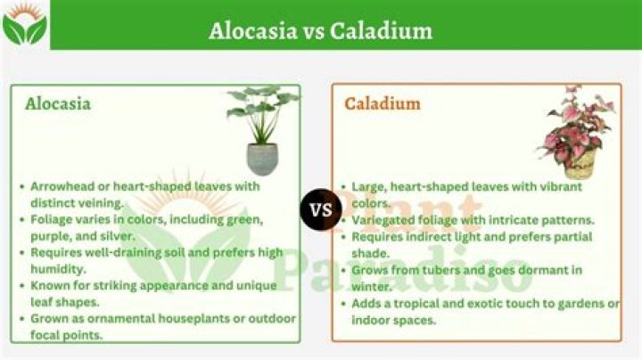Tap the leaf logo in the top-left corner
(24, 25)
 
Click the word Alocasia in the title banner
(252, 30)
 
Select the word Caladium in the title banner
(381, 30)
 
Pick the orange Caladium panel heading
(383, 103)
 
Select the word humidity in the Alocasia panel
(59, 268)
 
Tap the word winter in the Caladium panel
(374, 286)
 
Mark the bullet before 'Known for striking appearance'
(21, 285)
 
